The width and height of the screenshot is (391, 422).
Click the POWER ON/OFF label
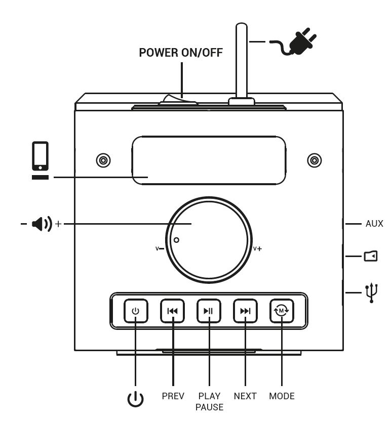pyautogui.click(x=180, y=53)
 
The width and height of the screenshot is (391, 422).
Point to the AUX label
pyautogui.click(x=374, y=223)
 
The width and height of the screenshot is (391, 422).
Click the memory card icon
pyautogui.click(x=371, y=257)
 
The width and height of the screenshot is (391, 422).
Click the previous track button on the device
pyautogui.click(x=173, y=311)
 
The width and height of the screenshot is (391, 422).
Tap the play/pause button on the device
pyautogui.click(x=209, y=311)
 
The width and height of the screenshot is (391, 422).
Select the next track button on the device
pyautogui.click(x=245, y=311)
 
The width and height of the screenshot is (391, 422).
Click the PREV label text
pyautogui.click(x=173, y=396)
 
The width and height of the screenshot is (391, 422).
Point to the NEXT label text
pyautogui.click(x=245, y=396)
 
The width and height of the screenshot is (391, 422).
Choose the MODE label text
pyautogui.click(x=282, y=396)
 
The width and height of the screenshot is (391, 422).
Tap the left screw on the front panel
pyautogui.click(x=103, y=161)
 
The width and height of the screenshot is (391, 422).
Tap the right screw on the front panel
pyautogui.click(x=315, y=161)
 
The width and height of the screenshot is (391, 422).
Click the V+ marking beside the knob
pyautogui.click(x=257, y=249)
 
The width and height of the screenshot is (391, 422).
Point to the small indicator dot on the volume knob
pyautogui.click(x=176, y=240)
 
